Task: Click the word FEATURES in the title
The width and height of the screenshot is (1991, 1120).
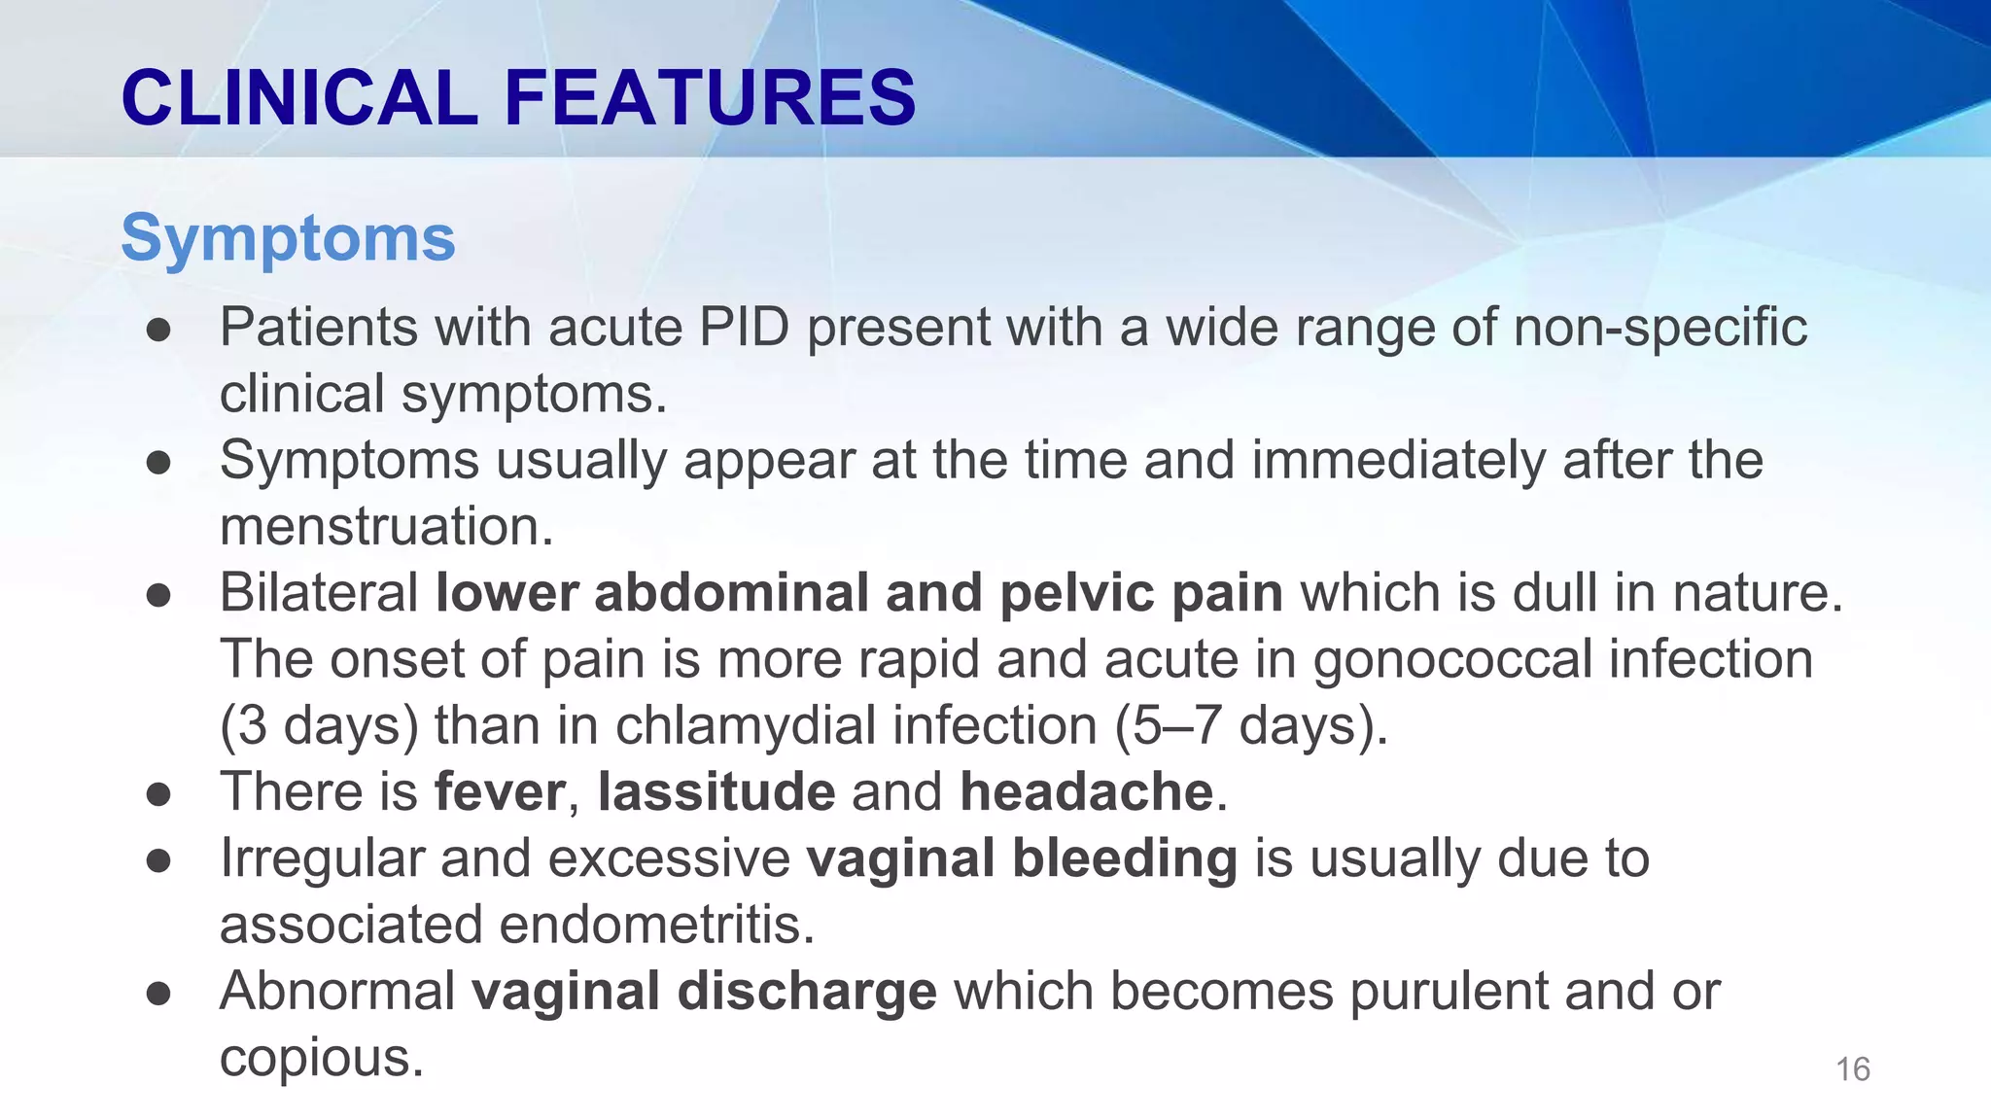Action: pos(710,97)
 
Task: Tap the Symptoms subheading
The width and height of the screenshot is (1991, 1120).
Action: pos(288,237)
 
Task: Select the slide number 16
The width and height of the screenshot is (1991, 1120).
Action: pos(1852,1069)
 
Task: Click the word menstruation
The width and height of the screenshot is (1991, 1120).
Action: pos(386,526)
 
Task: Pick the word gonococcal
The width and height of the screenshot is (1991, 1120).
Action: pos(1451,659)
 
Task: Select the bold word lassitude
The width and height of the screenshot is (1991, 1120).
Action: pos(716,791)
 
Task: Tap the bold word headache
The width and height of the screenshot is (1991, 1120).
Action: pos(1086,791)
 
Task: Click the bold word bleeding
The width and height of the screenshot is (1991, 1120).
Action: pos(1124,858)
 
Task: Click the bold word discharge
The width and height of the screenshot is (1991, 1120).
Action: pos(806,991)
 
